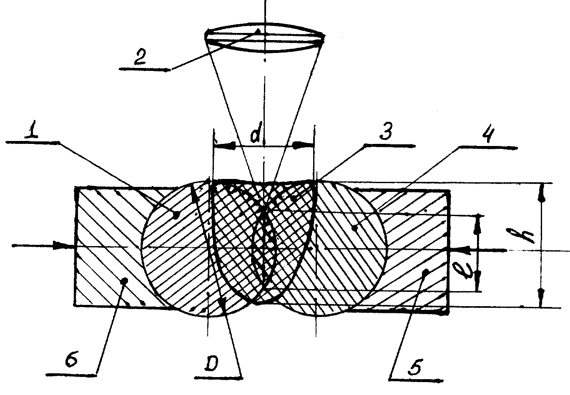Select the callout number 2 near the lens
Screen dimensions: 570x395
tap(140, 58)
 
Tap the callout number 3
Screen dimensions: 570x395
tap(386, 131)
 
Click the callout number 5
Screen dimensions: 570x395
tap(415, 367)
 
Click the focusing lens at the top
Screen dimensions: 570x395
tap(265, 38)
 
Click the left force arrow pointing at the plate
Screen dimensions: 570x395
tap(43, 246)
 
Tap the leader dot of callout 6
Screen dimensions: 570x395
tap(125, 280)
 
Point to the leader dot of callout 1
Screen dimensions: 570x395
tap(176, 215)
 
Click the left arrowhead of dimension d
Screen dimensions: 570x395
tap(225, 146)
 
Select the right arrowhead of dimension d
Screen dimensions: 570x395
tap(303, 145)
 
